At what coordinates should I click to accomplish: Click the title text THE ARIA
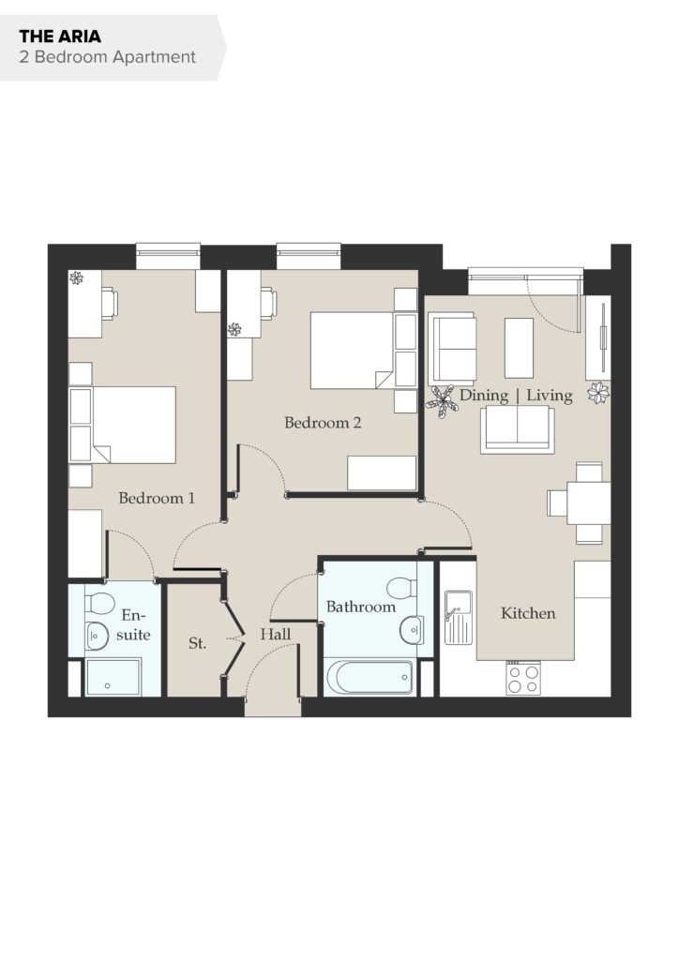point(60,37)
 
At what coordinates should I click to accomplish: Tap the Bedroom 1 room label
point(157,498)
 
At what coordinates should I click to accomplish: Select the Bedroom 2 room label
point(323,422)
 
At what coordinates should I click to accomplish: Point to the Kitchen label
point(528,613)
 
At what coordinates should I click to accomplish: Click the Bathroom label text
point(361,607)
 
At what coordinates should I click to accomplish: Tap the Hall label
point(275,634)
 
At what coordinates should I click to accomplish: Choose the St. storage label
point(197,643)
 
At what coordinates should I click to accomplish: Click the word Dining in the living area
point(484,396)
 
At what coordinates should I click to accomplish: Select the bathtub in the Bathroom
point(370,677)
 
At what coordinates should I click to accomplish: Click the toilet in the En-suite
point(99,604)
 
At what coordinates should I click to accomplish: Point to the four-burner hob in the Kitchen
point(523,679)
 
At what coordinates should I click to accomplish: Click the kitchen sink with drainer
point(459,617)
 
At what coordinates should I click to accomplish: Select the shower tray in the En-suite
point(113,677)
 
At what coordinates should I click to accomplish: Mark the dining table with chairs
point(579,503)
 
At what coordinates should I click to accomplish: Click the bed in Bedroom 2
point(352,351)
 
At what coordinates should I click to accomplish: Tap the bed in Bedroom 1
point(133,425)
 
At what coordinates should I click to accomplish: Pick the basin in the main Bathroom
point(412,629)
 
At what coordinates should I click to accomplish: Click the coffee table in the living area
point(519,348)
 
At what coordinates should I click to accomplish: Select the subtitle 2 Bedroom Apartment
point(107,57)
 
